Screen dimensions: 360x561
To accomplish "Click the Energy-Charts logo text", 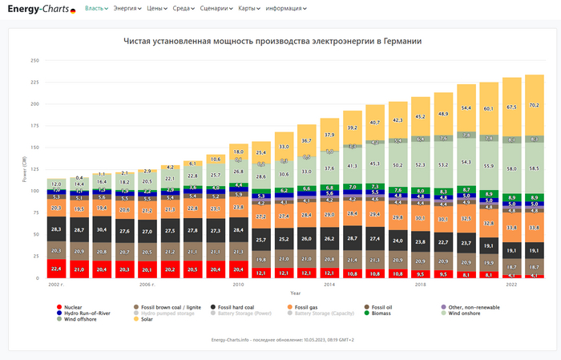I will click(x=38, y=10).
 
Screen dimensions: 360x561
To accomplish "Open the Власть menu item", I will click(x=95, y=8).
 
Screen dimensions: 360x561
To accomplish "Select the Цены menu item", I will click(x=154, y=8).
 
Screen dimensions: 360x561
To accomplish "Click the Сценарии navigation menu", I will click(x=215, y=8).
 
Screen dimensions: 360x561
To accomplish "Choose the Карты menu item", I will click(x=249, y=8).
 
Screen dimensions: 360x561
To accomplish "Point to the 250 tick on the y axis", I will click(x=34, y=60).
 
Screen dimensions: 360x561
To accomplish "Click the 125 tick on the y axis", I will click(x=34, y=169).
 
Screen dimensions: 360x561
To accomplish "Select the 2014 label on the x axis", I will click(x=329, y=285).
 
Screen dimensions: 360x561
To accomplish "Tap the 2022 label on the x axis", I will click(x=511, y=285).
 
